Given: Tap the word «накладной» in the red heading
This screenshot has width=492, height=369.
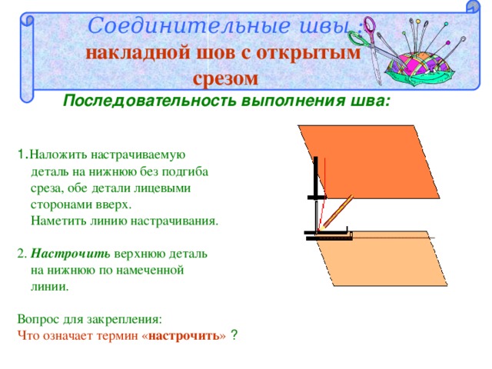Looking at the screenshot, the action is click(138, 53).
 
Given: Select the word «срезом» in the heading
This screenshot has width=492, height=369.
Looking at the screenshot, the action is click(225, 78).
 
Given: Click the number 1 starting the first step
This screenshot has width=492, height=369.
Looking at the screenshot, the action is click(21, 155).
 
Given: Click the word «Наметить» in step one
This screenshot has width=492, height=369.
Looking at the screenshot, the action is click(58, 221).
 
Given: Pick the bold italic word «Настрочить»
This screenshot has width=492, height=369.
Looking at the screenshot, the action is click(70, 254).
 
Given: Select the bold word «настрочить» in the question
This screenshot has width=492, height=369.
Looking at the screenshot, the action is click(184, 336).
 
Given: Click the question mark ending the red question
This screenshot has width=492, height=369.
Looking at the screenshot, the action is click(234, 335).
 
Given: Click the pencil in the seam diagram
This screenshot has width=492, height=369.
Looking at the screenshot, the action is click(336, 213).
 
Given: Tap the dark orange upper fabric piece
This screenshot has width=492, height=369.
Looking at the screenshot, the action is click(369, 161).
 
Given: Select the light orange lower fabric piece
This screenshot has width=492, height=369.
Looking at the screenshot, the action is click(381, 259).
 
